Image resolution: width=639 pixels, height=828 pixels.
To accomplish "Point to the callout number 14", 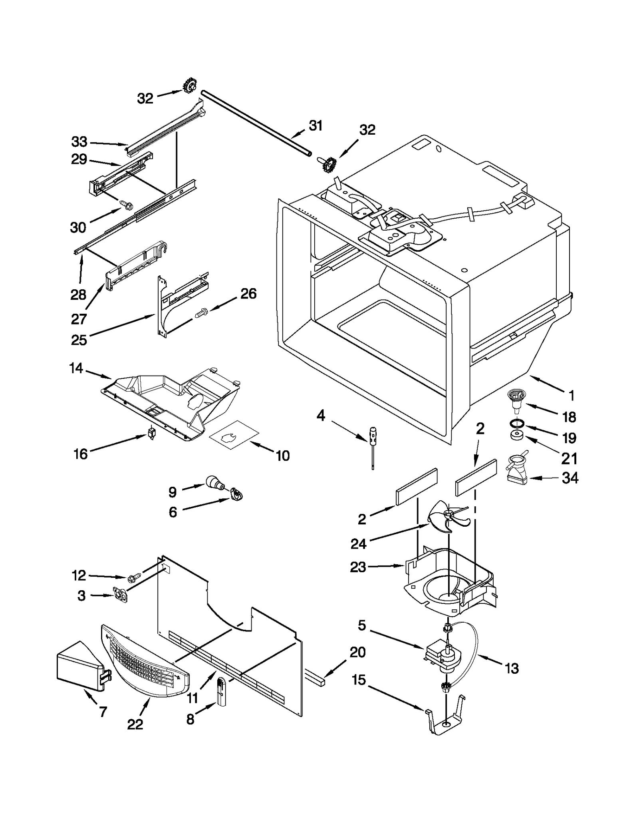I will click(76, 368).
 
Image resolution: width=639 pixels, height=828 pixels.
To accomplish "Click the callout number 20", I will click(357, 652).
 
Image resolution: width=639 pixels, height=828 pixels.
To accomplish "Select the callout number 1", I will click(572, 396).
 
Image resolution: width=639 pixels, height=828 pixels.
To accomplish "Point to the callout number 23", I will click(358, 567).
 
